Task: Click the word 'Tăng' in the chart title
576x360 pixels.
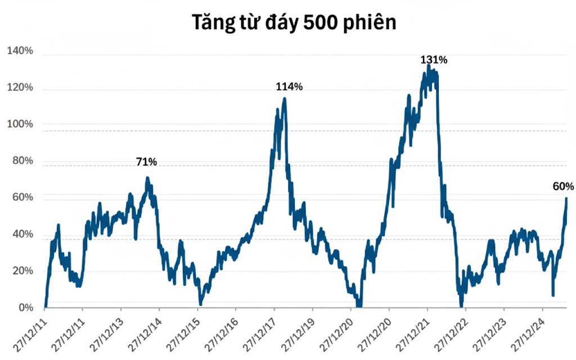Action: (x=213, y=22)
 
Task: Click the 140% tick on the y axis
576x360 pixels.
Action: (x=20, y=51)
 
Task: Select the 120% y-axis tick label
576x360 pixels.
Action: (x=20, y=88)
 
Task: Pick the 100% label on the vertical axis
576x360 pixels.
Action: (x=20, y=124)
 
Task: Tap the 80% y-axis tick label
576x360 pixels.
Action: (x=22, y=161)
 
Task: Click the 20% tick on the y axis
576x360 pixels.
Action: (x=22, y=271)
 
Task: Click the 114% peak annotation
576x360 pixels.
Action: (x=289, y=87)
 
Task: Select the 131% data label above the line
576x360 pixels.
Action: (x=434, y=60)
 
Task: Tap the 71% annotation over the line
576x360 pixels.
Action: (x=146, y=162)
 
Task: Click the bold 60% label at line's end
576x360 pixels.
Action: (x=563, y=186)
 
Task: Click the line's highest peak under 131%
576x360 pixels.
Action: (x=429, y=66)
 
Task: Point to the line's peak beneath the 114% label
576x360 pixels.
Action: (x=285, y=99)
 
